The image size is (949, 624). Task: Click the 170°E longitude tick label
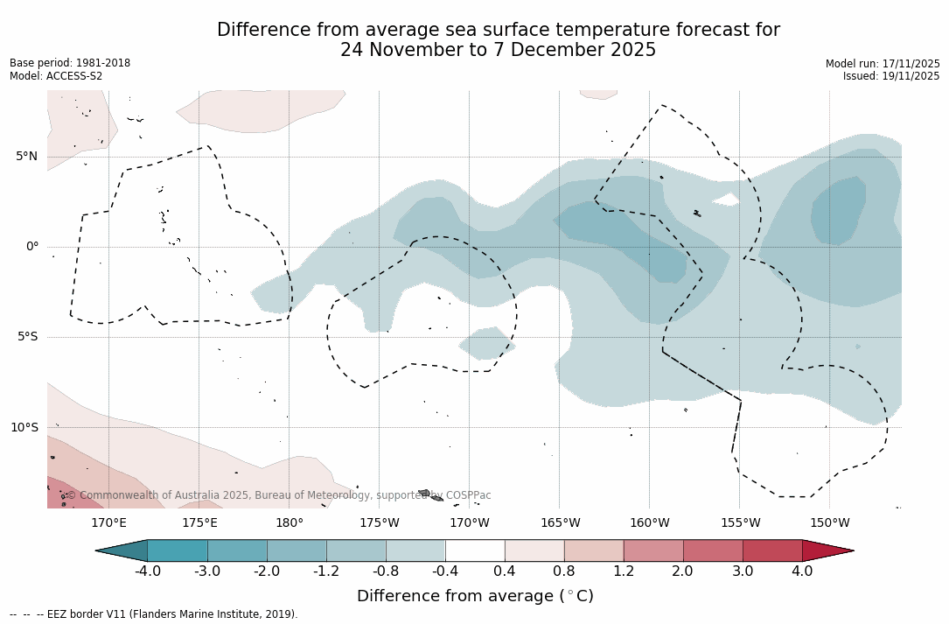[x=108, y=523]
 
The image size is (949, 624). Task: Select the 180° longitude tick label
[x=290, y=523]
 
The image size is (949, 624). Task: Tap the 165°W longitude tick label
[x=560, y=523]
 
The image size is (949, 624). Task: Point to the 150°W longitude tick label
[x=830, y=523]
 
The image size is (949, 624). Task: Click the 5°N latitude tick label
[x=26, y=157]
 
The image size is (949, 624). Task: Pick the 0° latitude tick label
[x=32, y=247]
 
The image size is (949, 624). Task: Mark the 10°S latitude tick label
[x=24, y=428]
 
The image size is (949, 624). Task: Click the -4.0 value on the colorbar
[x=147, y=571]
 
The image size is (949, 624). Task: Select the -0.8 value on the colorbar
[x=386, y=571]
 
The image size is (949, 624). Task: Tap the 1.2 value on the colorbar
[x=624, y=571]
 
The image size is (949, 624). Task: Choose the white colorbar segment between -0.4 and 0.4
[x=475, y=550]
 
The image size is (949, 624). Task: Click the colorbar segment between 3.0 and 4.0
[x=772, y=550]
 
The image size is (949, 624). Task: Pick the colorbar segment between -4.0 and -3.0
[x=178, y=550]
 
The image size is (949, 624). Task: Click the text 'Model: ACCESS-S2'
[x=56, y=76]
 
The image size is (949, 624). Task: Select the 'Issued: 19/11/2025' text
[x=891, y=76]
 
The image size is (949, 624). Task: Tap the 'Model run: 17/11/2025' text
[x=883, y=64]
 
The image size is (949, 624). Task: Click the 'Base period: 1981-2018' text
[x=70, y=63]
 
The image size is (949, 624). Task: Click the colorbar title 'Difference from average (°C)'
[x=475, y=596]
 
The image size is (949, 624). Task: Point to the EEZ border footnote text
[x=154, y=614]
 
